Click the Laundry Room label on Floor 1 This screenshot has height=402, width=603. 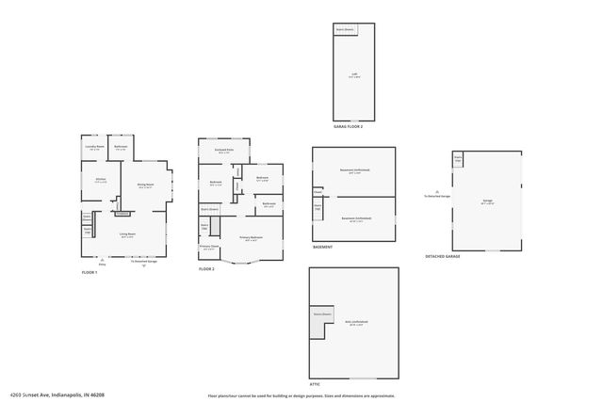(x=94, y=148)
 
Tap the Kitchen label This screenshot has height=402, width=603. (x=100, y=181)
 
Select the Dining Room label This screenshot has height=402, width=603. (x=145, y=185)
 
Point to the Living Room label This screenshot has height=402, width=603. (x=127, y=235)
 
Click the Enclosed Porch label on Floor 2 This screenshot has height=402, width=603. (x=223, y=151)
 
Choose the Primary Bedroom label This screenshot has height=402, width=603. (x=250, y=237)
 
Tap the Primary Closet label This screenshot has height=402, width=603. (x=208, y=248)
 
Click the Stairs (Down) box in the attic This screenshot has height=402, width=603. (x=319, y=314)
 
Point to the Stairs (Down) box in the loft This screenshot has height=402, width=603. (x=345, y=30)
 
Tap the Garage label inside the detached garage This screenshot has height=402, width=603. (x=487, y=201)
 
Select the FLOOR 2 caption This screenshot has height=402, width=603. (x=206, y=269)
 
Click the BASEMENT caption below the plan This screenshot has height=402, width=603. (x=322, y=248)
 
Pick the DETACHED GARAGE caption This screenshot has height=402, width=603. (x=443, y=255)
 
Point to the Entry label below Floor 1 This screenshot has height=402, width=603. (x=103, y=264)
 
